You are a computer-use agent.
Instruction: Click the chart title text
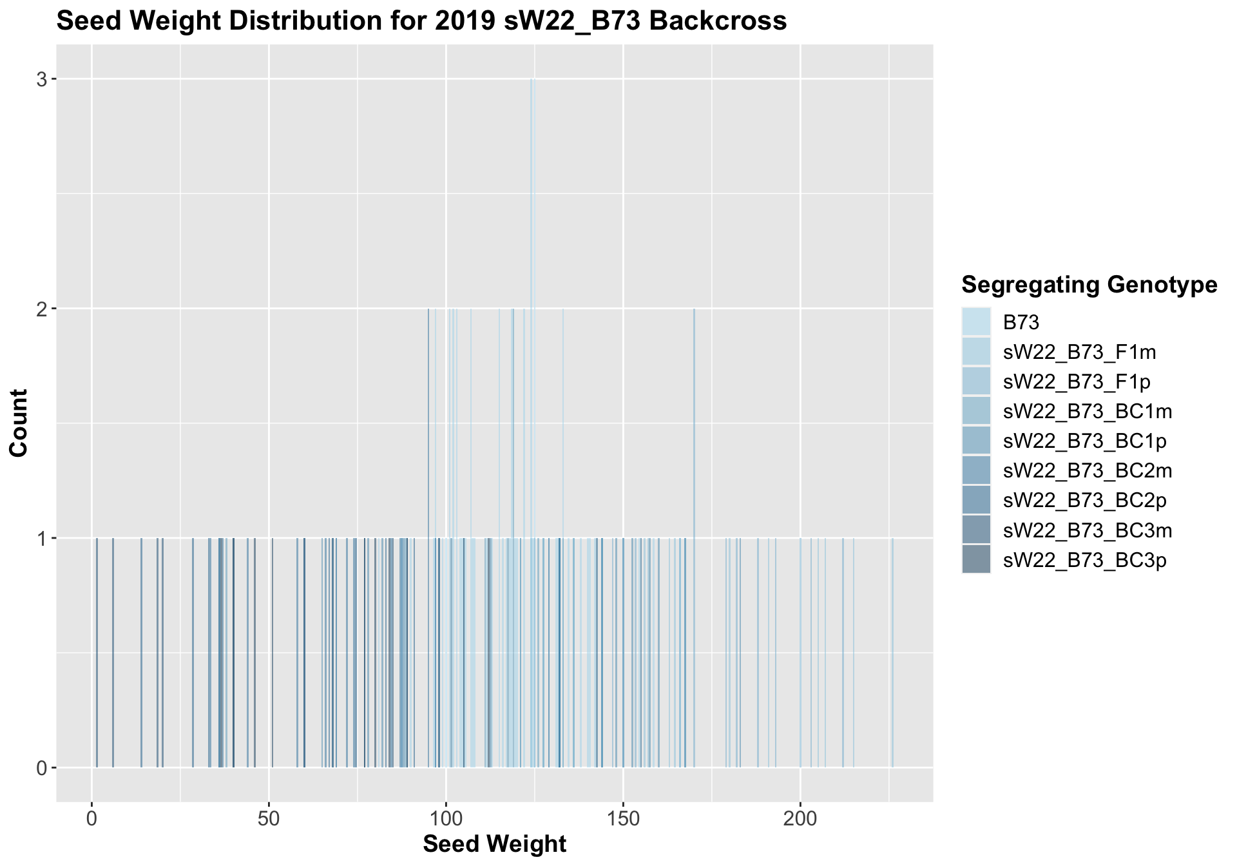(421, 21)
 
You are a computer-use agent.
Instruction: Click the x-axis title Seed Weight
(494, 844)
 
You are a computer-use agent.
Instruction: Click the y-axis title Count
(19, 423)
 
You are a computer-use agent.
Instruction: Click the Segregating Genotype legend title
(1089, 284)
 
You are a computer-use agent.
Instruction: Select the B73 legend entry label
(1022, 322)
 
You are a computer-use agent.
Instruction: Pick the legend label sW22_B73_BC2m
(1088, 471)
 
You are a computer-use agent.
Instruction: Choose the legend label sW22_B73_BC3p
(1085, 561)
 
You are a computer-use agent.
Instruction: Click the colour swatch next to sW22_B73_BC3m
(976, 530)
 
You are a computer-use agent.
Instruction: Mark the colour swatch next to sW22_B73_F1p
(976, 381)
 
